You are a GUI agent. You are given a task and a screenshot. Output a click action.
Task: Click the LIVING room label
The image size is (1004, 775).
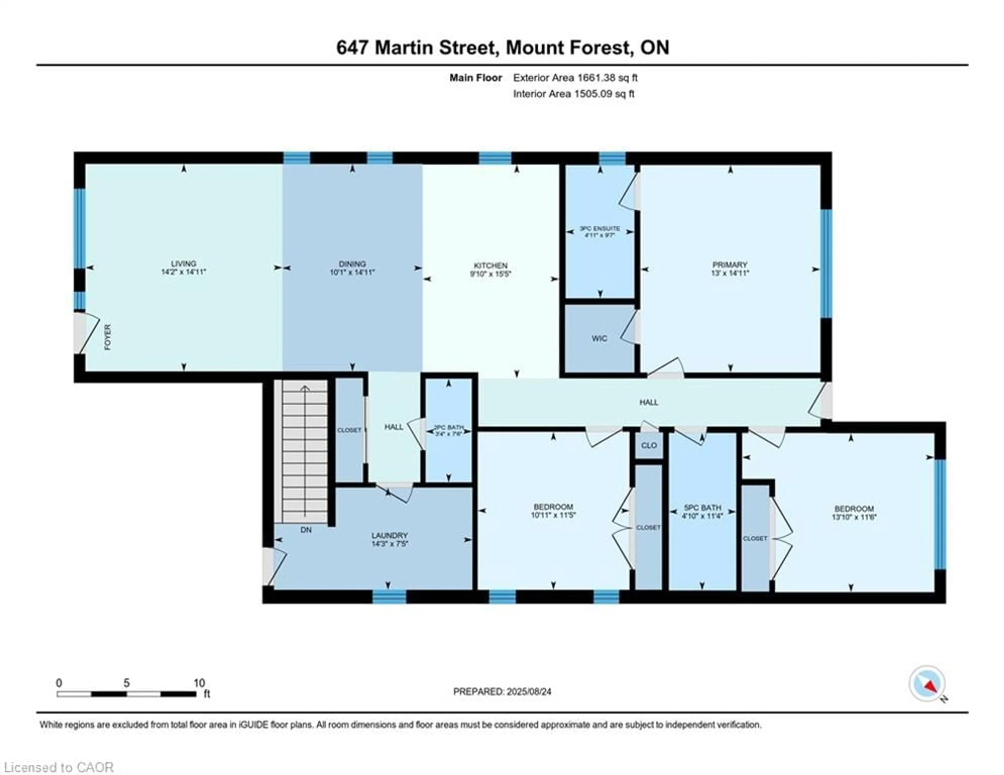click(184, 263)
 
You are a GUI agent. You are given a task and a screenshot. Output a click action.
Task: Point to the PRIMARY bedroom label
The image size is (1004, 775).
click(729, 265)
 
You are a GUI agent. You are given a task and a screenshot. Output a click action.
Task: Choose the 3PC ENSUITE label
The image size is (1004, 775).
click(600, 229)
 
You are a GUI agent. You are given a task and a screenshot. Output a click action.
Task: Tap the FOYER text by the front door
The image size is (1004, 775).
click(107, 337)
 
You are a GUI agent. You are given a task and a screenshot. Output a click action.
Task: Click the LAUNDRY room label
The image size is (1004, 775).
click(389, 535)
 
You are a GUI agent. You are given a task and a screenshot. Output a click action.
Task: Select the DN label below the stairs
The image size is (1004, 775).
click(306, 530)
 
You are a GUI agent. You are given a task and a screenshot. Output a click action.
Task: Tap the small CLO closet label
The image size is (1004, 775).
click(649, 446)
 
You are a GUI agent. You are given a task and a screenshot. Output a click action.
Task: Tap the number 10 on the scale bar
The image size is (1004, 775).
click(199, 683)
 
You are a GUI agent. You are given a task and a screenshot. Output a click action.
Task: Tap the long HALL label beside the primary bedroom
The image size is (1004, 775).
click(649, 402)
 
